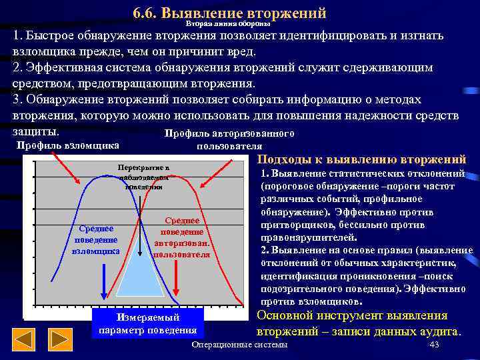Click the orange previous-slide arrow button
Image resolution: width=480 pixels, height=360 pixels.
click(24, 340)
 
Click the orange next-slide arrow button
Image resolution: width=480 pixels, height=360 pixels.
click(61, 340)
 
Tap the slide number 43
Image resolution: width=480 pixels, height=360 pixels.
click(435, 345)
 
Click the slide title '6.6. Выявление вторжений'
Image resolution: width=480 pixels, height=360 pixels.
click(229, 13)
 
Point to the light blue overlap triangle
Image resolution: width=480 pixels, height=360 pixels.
click(141, 280)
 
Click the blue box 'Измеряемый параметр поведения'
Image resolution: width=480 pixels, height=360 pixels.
click(147, 324)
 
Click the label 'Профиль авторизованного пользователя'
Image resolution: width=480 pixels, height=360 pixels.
click(229, 140)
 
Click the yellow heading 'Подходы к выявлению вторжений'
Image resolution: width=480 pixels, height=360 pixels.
click(361, 159)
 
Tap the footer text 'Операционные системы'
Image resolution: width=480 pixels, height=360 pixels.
click(239, 345)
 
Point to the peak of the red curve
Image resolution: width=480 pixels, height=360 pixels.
click(177, 176)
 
